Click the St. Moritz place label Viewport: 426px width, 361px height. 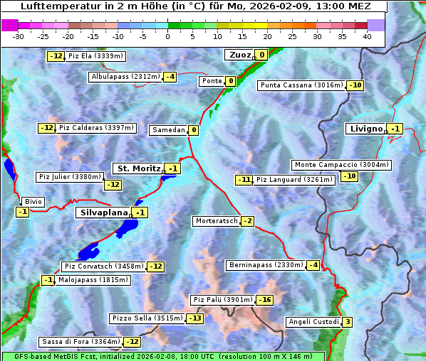point(137,168)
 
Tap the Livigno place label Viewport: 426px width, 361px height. point(365,129)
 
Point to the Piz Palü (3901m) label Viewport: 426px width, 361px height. point(222,300)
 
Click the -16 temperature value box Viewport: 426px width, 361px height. point(265,300)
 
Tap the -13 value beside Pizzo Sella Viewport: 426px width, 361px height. point(194,318)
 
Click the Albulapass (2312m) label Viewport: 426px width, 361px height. point(125,77)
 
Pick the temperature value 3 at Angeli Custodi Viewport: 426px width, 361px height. point(347,322)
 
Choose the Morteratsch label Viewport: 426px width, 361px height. point(216,221)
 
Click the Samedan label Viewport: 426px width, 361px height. point(168,130)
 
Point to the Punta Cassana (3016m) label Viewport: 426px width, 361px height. point(301,85)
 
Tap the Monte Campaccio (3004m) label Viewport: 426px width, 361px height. point(341,165)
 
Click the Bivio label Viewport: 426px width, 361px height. point(33,202)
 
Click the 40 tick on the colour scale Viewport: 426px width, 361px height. point(367,36)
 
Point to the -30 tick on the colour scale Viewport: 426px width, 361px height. point(19,36)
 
